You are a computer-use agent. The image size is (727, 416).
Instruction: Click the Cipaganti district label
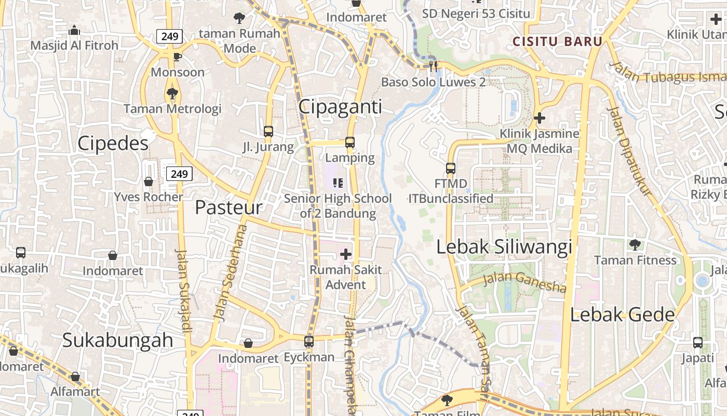pyautogui.click(x=340, y=107)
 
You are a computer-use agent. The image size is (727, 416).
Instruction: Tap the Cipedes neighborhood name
pyautogui.click(x=113, y=144)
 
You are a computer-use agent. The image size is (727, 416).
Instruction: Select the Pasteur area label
pyautogui.click(x=228, y=207)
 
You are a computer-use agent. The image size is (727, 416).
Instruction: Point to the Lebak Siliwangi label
pyautogui.click(x=504, y=247)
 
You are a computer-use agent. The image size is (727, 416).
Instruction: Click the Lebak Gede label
pyautogui.click(x=622, y=315)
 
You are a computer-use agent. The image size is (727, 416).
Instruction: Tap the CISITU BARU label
pyautogui.click(x=557, y=42)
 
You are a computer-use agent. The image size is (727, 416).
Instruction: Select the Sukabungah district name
pyautogui.click(x=117, y=340)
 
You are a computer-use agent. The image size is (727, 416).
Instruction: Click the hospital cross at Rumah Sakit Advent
pyautogui.click(x=345, y=254)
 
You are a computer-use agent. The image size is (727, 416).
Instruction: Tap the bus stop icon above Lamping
pyautogui.click(x=350, y=142)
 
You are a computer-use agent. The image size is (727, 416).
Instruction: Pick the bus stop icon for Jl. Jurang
pyautogui.click(x=268, y=132)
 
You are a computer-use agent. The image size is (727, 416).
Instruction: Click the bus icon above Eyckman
pyautogui.click(x=309, y=342)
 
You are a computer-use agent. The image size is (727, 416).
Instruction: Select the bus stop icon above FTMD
pyautogui.click(x=451, y=168)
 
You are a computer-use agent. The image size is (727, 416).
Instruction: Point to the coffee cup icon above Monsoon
pyautogui.click(x=178, y=57)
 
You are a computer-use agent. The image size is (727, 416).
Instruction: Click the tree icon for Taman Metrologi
pyautogui.click(x=172, y=94)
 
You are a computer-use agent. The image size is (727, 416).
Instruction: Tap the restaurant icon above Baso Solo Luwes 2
pyautogui.click(x=434, y=66)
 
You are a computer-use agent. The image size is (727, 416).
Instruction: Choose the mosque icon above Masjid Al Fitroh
pyautogui.click(x=74, y=30)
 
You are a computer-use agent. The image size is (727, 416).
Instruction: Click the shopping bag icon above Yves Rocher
pyautogui.click(x=149, y=181)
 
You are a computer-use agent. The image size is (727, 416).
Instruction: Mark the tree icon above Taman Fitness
pyautogui.click(x=635, y=244)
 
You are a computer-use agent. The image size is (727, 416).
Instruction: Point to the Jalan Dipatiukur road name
pyautogui.click(x=629, y=151)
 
